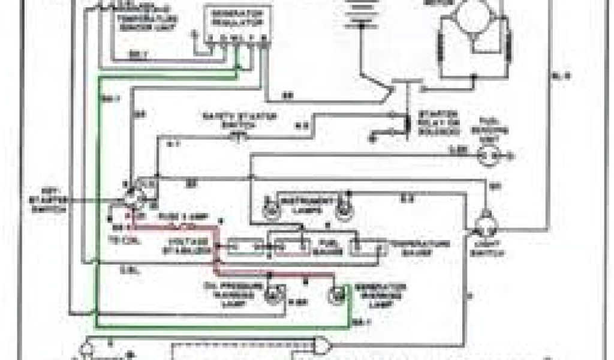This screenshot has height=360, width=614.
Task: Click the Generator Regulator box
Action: coord(231,24)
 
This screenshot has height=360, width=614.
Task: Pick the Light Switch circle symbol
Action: coord(484,227)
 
